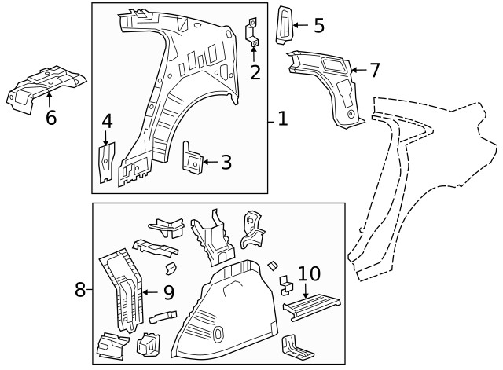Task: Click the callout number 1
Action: point(283,119)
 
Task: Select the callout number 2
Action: point(255,72)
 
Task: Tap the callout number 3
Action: point(226,163)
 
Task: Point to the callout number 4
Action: point(107,121)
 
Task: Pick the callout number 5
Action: point(318,25)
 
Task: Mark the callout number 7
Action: point(374,70)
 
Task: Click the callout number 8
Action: point(80,289)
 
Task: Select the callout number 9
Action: point(167,293)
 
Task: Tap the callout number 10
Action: point(310,274)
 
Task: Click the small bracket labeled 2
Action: point(253,31)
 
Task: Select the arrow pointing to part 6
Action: point(50,97)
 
